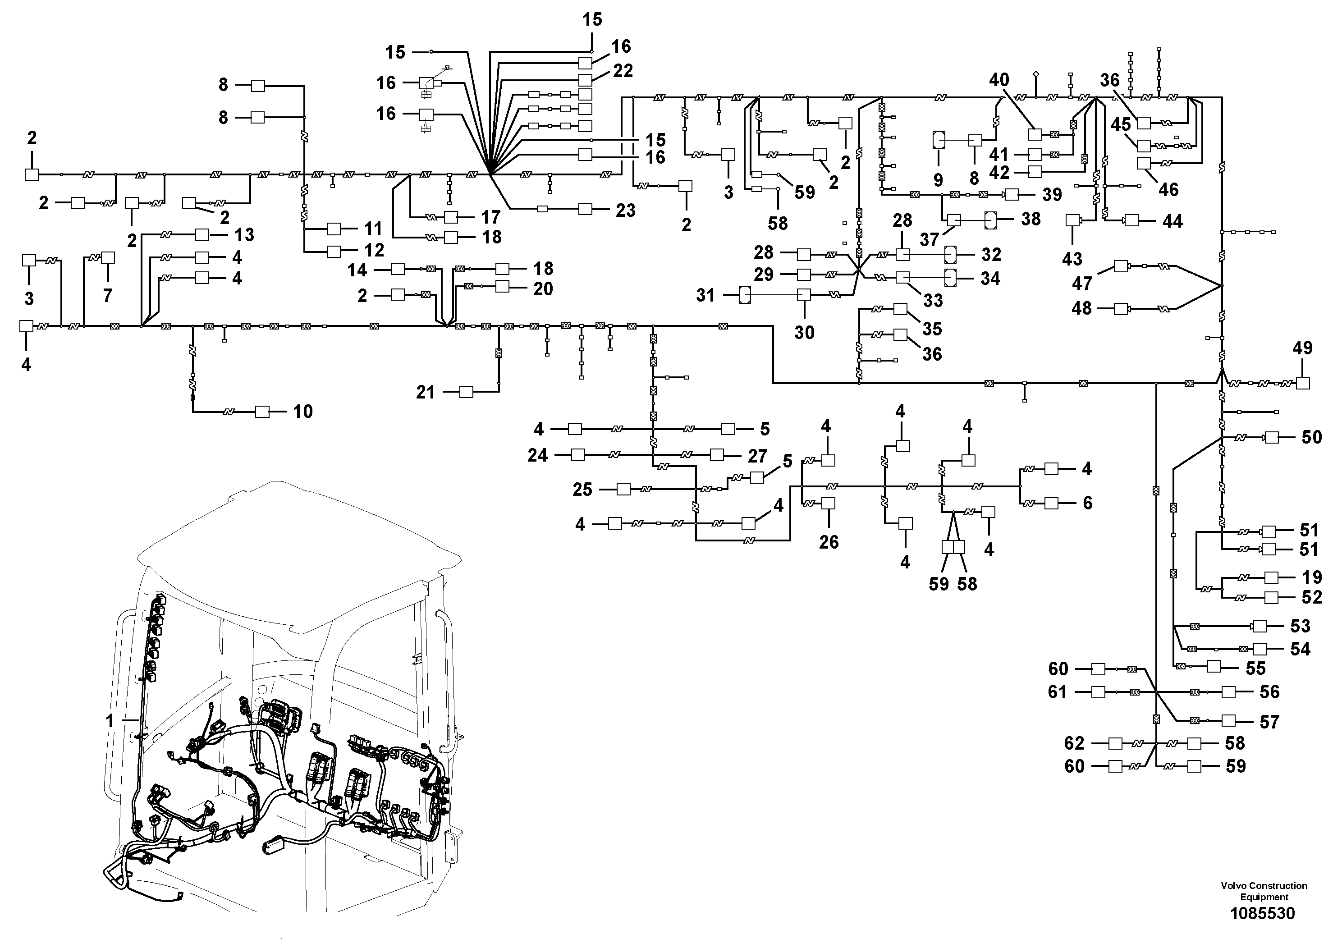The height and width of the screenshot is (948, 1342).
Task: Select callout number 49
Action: click(1302, 348)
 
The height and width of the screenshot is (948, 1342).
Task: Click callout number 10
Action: click(303, 412)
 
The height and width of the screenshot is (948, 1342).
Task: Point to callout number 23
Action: click(625, 211)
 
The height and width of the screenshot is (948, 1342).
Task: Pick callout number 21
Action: click(426, 392)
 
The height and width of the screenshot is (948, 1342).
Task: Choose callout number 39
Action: click(1052, 195)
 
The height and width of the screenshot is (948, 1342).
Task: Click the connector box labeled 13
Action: click(202, 234)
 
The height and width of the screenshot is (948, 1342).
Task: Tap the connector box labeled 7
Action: click(108, 258)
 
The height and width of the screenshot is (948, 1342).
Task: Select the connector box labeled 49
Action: click(1303, 384)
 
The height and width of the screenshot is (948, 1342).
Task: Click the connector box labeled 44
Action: click(1131, 221)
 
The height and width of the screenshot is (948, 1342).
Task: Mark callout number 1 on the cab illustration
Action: click(110, 721)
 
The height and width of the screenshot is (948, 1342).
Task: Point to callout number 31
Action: click(705, 295)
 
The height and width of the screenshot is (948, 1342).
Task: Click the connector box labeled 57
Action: click(1228, 721)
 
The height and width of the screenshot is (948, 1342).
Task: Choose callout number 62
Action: click(1074, 743)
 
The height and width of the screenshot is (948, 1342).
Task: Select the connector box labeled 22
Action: click(585, 79)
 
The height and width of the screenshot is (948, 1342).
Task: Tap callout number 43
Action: click(1072, 258)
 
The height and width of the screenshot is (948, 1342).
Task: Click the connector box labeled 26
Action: click(828, 503)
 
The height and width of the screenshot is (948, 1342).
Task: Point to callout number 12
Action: click(374, 250)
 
